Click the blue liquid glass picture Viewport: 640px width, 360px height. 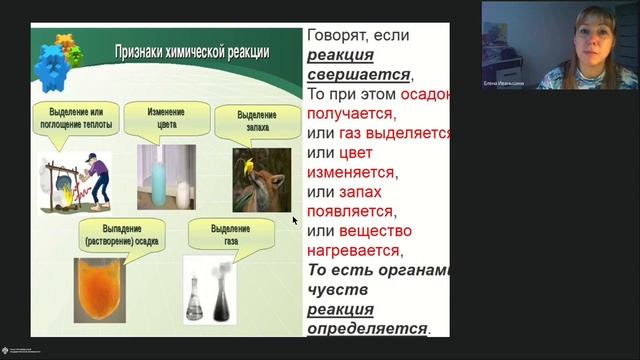point(166,177)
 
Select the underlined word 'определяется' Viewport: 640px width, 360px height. point(366,327)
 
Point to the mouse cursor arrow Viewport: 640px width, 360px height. point(295,220)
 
